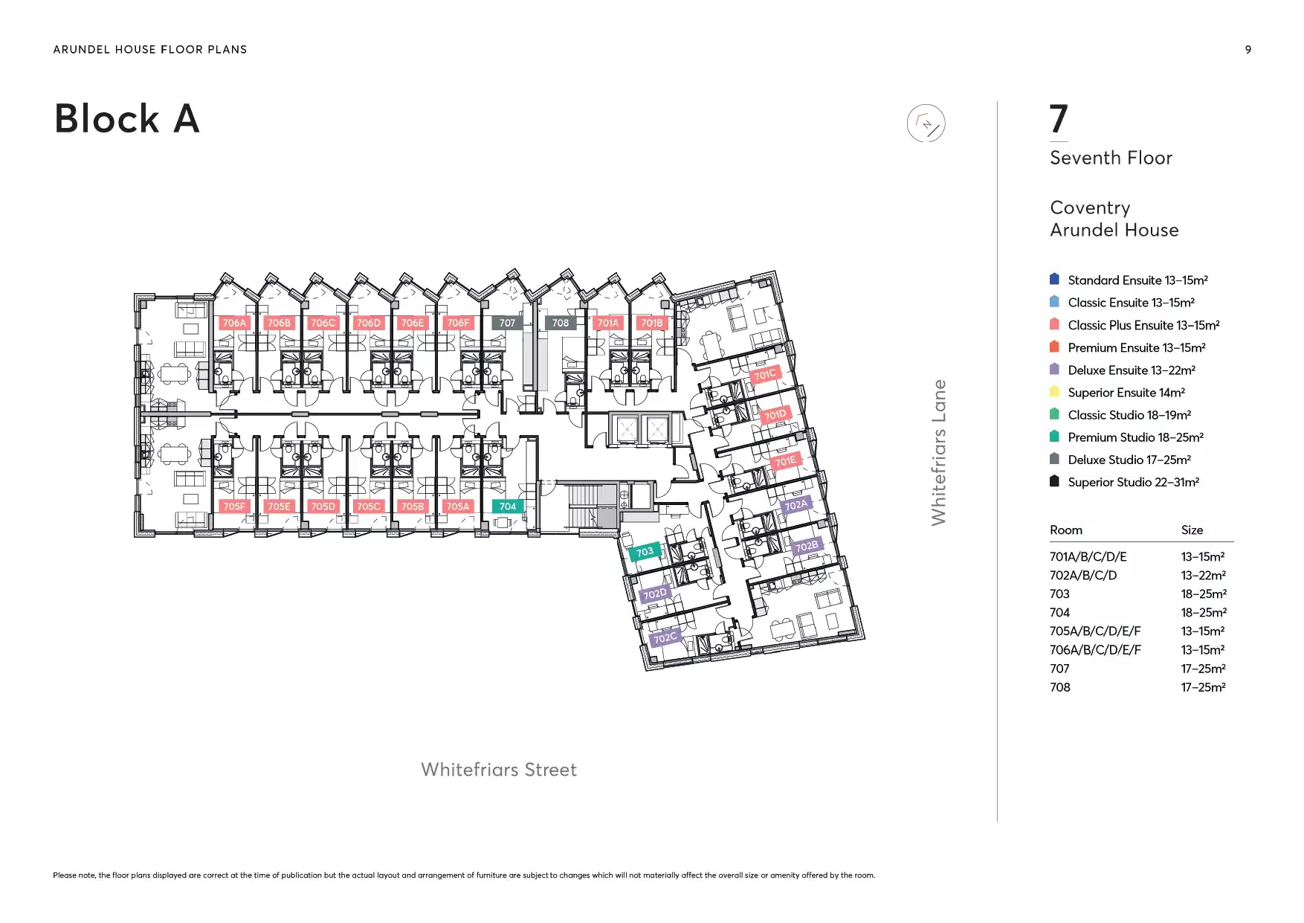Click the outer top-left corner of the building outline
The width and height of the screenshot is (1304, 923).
(135, 294)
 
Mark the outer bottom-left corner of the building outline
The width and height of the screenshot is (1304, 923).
(135, 536)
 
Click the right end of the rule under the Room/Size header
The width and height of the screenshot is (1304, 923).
(1233, 541)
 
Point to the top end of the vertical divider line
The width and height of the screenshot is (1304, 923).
(997, 101)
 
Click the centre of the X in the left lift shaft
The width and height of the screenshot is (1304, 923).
(627, 429)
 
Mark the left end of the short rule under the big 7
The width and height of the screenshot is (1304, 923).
(1050, 141)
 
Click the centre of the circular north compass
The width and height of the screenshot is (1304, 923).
(926, 123)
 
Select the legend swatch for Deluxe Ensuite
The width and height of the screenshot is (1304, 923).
(1054, 369)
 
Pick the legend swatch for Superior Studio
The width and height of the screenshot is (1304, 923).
(1054, 481)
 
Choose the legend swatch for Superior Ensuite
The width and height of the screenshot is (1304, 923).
(1054, 391)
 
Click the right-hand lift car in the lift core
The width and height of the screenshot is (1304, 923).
(656, 429)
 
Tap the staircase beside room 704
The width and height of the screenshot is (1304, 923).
(587, 506)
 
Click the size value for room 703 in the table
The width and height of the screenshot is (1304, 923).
(1204, 594)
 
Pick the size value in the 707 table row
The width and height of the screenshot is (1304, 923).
(1203, 669)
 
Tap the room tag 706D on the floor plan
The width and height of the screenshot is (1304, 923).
(368, 323)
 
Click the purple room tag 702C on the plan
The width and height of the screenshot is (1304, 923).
(665, 637)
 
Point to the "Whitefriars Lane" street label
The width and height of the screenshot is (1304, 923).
(939, 452)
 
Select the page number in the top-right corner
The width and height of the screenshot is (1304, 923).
(1248, 50)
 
